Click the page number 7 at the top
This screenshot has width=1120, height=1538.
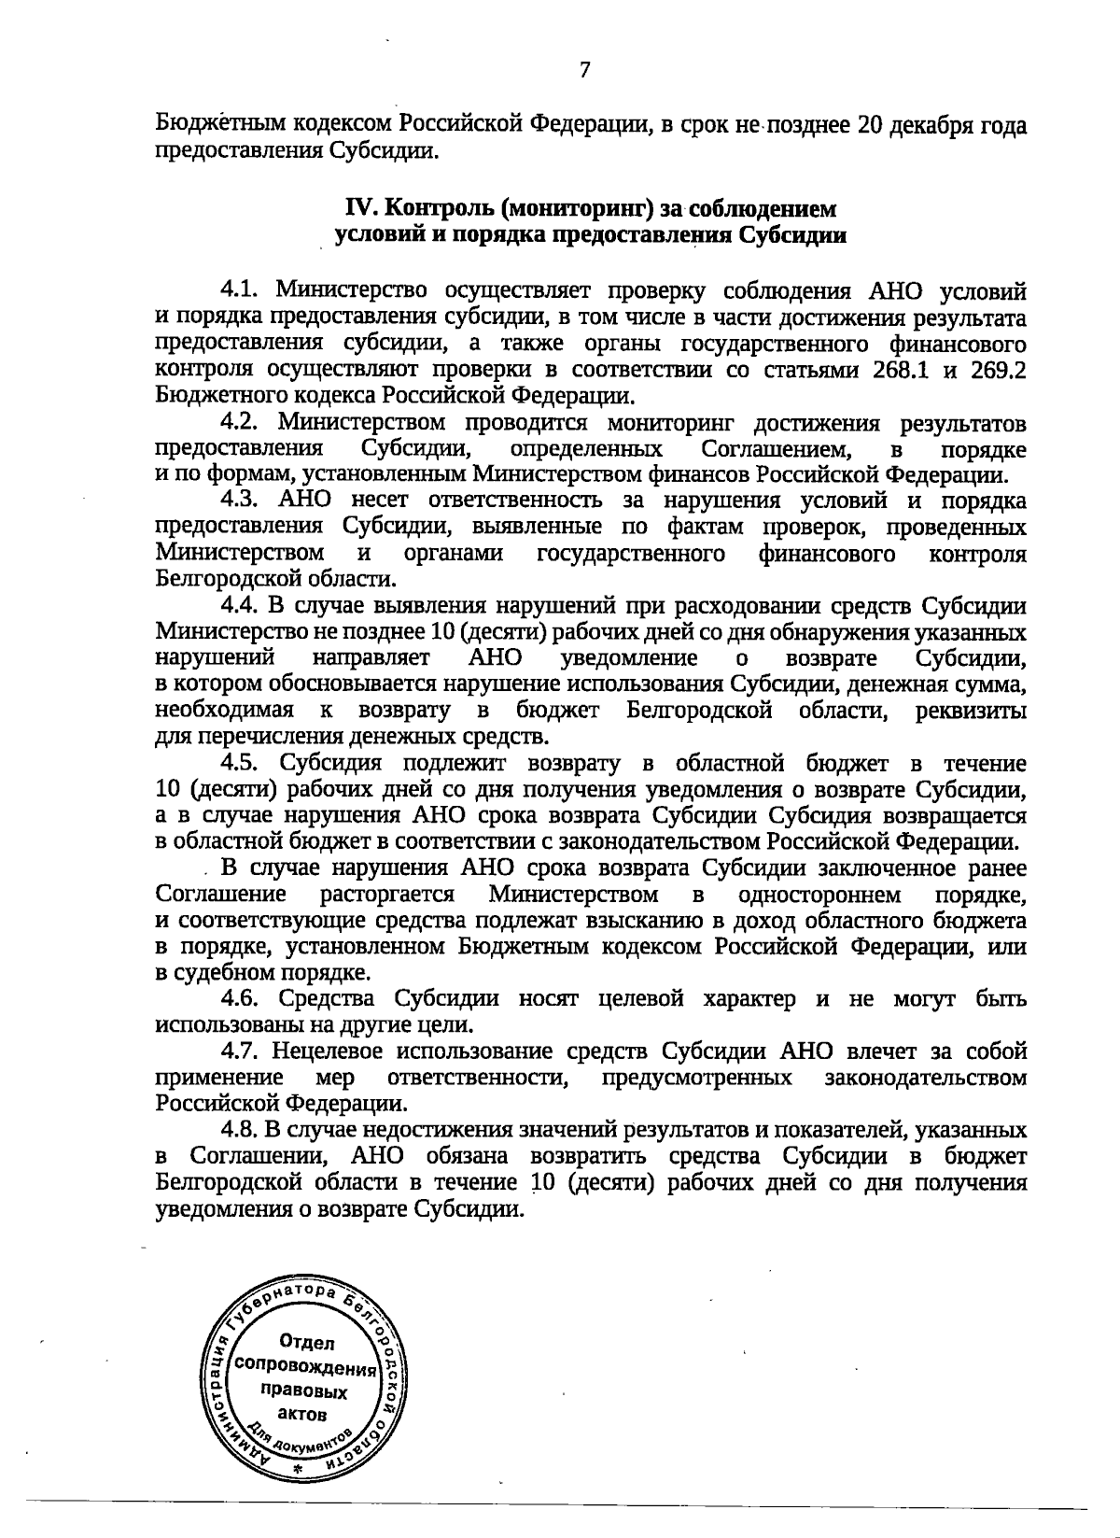(584, 70)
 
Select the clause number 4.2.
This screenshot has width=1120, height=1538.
(242, 425)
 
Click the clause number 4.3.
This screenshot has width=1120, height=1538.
(242, 502)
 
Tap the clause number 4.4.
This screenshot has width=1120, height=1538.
(242, 607)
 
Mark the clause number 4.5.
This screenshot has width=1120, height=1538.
(242, 764)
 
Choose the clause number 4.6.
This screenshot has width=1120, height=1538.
(242, 999)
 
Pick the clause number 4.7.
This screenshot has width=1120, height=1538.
(242, 1051)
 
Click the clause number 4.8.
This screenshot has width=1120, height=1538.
(242, 1131)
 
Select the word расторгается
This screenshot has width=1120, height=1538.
(387, 895)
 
